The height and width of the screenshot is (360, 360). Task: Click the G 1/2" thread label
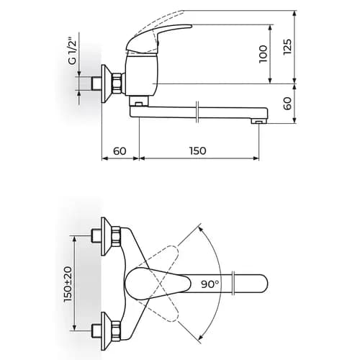(72, 50)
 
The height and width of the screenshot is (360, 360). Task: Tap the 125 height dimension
(287, 47)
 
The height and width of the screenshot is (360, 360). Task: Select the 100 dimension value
(264, 54)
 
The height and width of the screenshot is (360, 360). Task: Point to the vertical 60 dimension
(287, 104)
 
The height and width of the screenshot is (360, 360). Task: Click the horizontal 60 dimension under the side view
(120, 151)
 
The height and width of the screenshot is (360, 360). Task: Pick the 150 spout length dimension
(198, 151)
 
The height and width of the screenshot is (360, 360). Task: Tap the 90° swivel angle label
(210, 284)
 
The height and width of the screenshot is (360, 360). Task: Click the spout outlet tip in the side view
(258, 122)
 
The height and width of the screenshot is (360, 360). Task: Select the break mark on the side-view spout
(197, 112)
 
